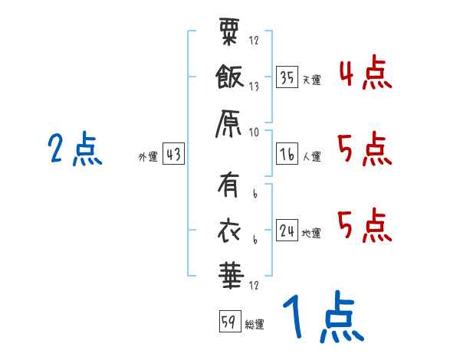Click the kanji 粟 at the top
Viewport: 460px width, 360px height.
point(229,31)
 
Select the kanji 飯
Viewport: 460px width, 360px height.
point(230,77)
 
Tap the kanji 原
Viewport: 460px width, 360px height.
point(228,124)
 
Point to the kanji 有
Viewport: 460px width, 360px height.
point(228,185)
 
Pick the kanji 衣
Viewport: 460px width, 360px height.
point(229,231)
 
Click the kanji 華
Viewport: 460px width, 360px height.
point(232,275)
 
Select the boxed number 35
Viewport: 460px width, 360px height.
point(287,77)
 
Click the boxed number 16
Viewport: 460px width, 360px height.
point(287,154)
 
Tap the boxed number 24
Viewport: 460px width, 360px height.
point(287,230)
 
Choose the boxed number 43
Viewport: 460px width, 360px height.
point(173,154)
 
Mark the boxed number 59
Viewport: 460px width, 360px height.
point(230,321)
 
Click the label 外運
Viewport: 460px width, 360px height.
point(148,157)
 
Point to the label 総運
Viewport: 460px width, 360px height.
point(255,325)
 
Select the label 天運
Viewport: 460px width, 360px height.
point(312,80)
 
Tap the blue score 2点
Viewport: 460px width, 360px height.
point(75,149)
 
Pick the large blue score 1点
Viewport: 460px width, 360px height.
point(324,316)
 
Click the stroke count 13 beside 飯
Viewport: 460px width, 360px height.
point(254,87)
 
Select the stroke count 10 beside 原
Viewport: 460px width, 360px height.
point(254,133)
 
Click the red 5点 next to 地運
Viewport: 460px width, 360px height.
point(365,226)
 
